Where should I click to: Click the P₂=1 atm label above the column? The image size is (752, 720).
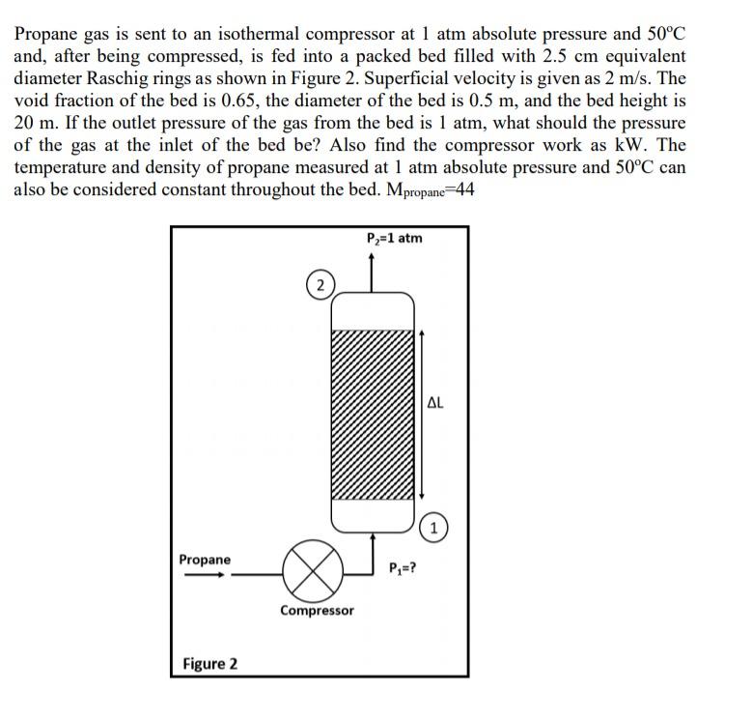[394, 238]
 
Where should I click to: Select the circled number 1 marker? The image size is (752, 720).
[435, 528]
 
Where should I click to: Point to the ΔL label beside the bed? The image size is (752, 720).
[434, 403]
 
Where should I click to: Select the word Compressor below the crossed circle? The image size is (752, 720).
[317, 611]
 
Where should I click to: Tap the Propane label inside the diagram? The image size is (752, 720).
[205, 560]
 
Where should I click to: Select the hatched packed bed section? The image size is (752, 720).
[373, 414]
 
